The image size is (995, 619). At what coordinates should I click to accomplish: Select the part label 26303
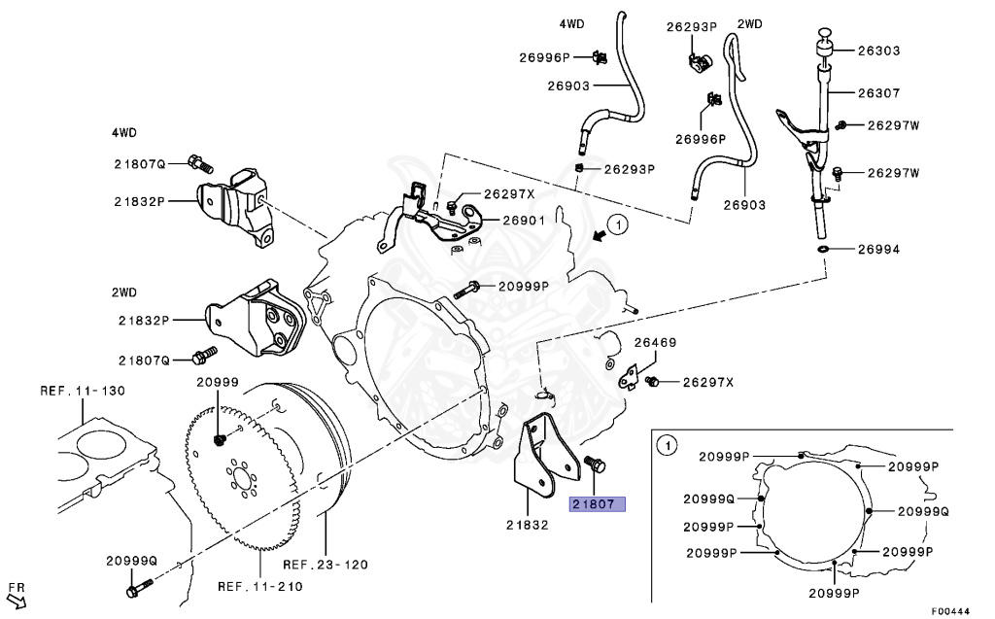click(x=878, y=51)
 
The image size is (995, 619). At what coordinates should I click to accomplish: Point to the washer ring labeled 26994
click(x=822, y=249)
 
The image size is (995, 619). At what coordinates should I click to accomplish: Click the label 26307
click(x=878, y=93)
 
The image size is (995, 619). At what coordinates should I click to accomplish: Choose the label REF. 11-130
click(x=84, y=391)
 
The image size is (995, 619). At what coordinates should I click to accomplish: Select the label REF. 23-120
click(x=326, y=565)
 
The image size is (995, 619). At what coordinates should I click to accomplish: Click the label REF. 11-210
click(x=260, y=587)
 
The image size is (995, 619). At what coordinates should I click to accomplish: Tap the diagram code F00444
click(x=950, y=611)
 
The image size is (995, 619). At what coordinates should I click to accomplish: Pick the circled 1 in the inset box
click(x=667, y=446)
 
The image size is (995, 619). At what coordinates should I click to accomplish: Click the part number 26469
click(x=656, y=342)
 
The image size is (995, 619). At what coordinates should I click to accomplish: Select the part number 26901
click(x=524, y=221)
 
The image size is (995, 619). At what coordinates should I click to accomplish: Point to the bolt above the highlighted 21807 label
click(x=595, y=464)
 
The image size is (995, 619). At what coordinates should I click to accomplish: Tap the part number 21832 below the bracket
click(x=528, y=525)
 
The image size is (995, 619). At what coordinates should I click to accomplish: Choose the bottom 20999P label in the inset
click(x=834, y=593)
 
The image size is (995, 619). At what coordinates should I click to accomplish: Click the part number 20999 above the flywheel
click(x=218, y=382)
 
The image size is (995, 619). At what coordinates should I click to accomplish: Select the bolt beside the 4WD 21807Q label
click(x=200, y=164)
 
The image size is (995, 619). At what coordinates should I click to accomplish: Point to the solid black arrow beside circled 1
click(x=598, y=235)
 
